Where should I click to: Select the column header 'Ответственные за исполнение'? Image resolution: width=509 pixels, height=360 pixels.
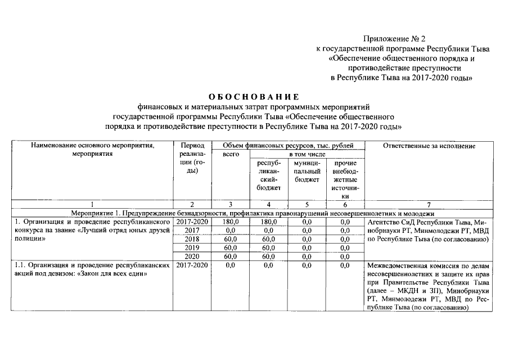click(x=429, y=146)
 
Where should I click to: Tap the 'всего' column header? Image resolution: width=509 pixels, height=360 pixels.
click(x=231, y=154)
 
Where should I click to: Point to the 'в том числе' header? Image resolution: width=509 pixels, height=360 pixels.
click(x=307, y=154)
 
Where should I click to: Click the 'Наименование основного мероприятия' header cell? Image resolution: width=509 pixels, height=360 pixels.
click(x=93, y=150)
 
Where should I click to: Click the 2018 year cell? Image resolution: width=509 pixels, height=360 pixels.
click(x=192, y=239)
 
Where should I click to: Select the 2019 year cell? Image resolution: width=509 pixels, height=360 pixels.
click(x=192, y=247)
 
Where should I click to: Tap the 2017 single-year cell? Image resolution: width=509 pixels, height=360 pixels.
click(x=192, y=231)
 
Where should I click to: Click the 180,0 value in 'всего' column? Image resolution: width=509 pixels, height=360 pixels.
click(x=231, y=222)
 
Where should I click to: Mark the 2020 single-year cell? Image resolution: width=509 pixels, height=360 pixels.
click(x=192, y=256)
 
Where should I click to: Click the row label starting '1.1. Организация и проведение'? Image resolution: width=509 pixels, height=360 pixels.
click(x=93, y=269)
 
